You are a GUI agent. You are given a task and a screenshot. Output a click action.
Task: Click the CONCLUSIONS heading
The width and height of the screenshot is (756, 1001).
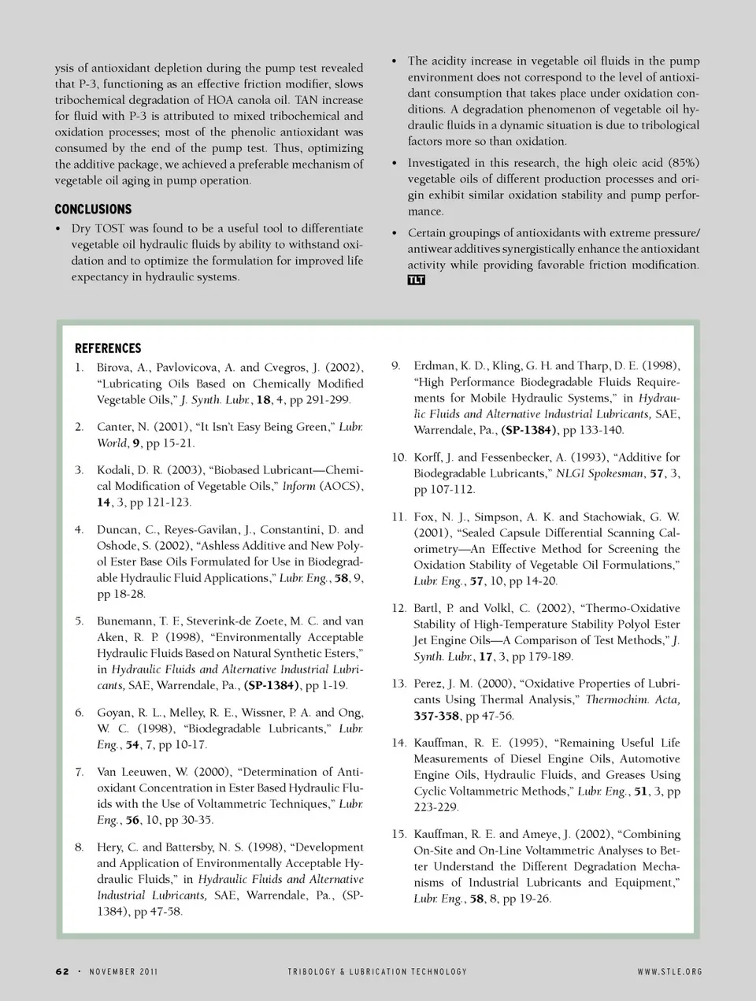tap(93, 209)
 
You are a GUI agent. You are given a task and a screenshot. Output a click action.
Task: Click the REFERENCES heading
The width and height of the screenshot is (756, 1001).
tap(108, 348)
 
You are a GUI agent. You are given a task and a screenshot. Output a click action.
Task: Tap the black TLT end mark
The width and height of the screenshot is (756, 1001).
tap(416, 280)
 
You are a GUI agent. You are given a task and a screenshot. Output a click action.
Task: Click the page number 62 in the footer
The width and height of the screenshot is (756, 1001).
tap(63, 971)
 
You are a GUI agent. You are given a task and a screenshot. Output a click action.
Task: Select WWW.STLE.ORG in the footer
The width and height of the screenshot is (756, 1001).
tap(669, 971)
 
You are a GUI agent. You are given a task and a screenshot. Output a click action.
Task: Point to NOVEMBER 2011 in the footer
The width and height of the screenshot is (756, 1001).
tap(124, 971)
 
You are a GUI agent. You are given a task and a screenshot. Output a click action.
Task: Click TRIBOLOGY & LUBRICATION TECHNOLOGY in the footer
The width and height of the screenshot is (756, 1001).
tap(377, 971)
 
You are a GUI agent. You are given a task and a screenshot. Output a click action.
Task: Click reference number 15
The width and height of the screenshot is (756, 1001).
tap(398, 834)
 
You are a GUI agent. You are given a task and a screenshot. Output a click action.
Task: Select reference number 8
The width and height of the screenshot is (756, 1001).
tap(80, 847)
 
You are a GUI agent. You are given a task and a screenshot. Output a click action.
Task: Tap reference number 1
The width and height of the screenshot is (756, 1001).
tap(80, 368)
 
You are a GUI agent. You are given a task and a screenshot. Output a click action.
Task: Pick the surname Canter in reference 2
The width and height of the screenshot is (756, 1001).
tap(114, 427)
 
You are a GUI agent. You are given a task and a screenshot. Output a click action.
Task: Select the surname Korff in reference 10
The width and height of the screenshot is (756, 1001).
tap(429, 458)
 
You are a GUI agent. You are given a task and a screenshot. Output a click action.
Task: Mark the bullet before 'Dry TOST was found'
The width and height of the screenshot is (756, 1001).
tap(59, 229)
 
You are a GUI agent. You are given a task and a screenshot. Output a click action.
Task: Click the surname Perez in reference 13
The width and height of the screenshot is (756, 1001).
tap(430, 684)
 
